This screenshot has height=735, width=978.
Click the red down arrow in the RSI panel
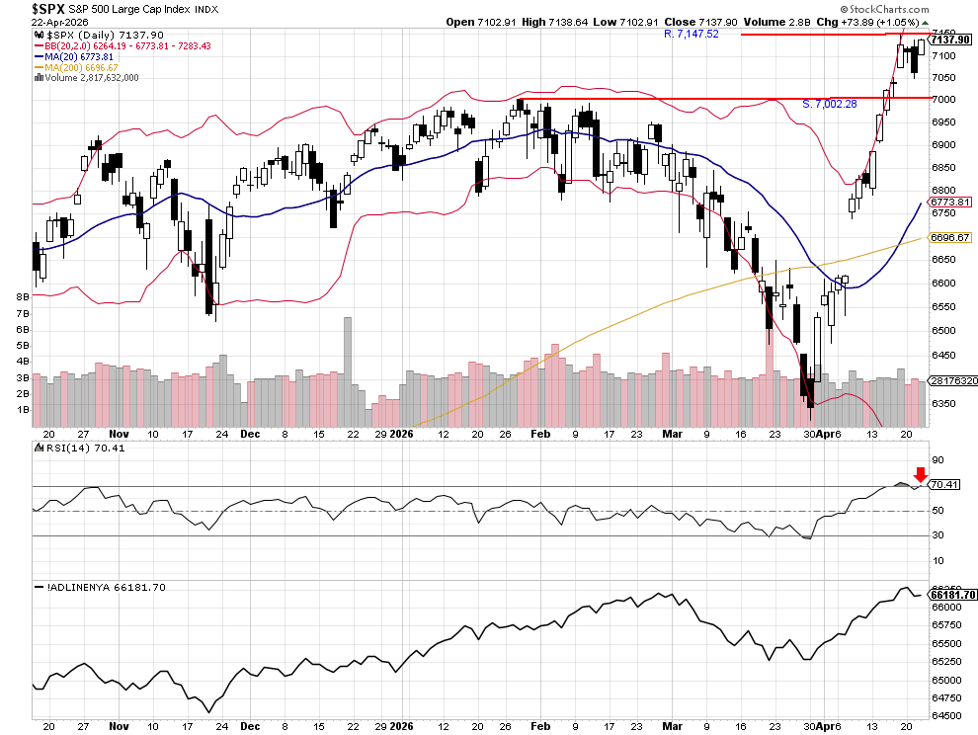click(921, 475)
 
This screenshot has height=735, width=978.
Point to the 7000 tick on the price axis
click(945, 99)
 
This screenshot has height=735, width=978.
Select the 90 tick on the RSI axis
click(939, 460)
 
